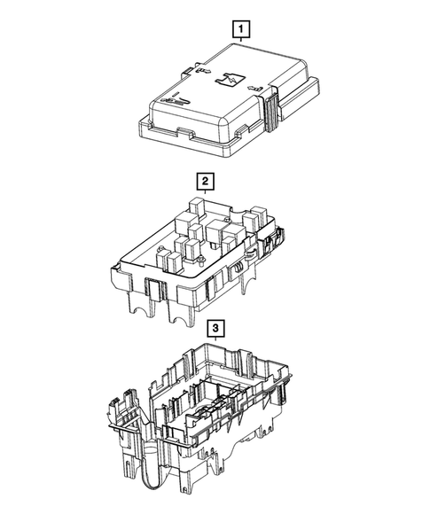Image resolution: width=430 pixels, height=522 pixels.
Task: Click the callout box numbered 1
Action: pos(239,29)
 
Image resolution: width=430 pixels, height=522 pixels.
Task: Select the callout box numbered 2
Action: pos(206,182)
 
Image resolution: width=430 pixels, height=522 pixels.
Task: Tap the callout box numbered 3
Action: pos(215,329)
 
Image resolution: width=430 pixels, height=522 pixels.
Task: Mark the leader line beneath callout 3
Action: pos(215,344)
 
